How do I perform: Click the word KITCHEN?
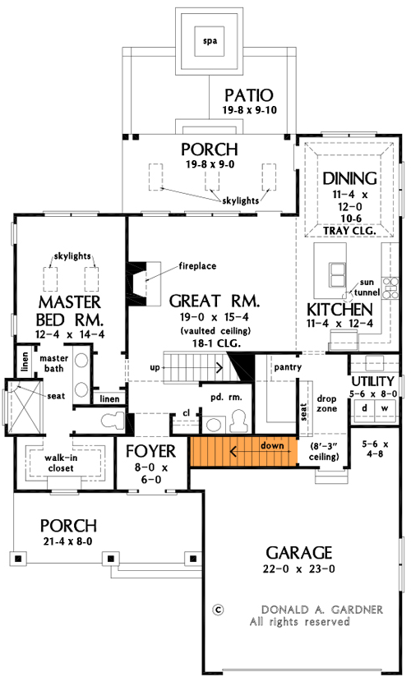tap(339, 310)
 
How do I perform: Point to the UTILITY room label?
tap(374, 382)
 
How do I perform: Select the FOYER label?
tap(150, 451)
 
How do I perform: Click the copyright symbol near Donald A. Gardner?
tap(218, 610)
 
